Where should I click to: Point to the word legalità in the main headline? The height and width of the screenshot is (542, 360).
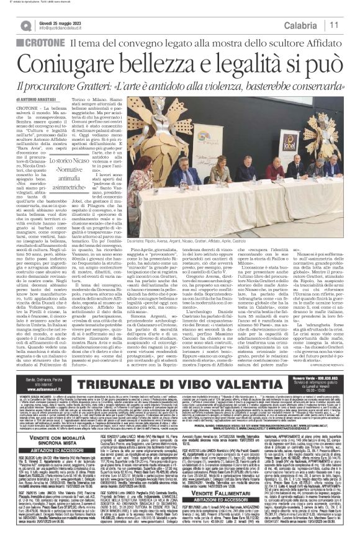(x=253, y=66)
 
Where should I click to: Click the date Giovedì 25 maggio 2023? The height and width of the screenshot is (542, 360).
(x=68, y=20)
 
